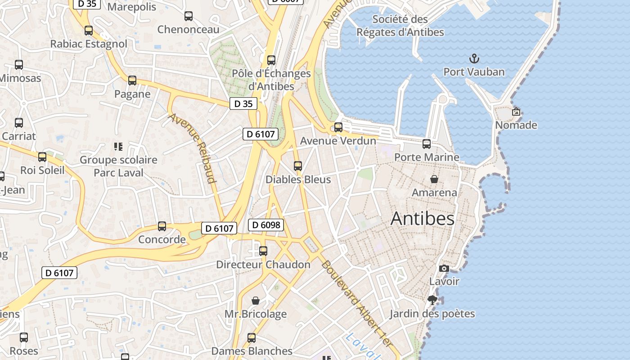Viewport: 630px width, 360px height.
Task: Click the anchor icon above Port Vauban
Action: (x=474, y=58)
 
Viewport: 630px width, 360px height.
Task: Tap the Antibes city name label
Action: (x=422, y=219)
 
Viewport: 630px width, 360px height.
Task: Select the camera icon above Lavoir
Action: (x=444, y=268)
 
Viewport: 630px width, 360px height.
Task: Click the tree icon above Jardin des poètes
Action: (x=432, y=300)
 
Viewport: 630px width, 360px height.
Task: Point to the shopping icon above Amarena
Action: (x=434, y=179)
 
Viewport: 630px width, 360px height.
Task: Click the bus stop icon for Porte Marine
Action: (x=426, y=144)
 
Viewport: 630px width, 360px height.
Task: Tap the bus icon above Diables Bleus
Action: (x=297, y=166)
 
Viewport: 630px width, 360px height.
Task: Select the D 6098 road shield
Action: (x=266, y=225)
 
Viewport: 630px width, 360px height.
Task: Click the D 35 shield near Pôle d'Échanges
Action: (x=243, y=103)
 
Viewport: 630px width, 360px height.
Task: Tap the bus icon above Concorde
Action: (x=162, y=226)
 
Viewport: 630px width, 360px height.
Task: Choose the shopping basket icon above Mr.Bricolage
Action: (x=256, y=300)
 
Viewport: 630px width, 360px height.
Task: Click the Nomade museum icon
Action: (x=516, y=112)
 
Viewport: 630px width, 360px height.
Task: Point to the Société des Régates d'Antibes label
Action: (x=400, y=26)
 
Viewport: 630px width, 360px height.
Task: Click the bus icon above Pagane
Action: (x=132, y=81)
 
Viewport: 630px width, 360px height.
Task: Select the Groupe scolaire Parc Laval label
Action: (x=118, y=166)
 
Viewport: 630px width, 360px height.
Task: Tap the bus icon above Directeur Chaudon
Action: (x=263, y=251)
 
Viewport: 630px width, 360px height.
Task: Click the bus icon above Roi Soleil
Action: (x=42, y=157)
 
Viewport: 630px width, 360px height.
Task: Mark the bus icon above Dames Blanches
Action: (x=252, y=337)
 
